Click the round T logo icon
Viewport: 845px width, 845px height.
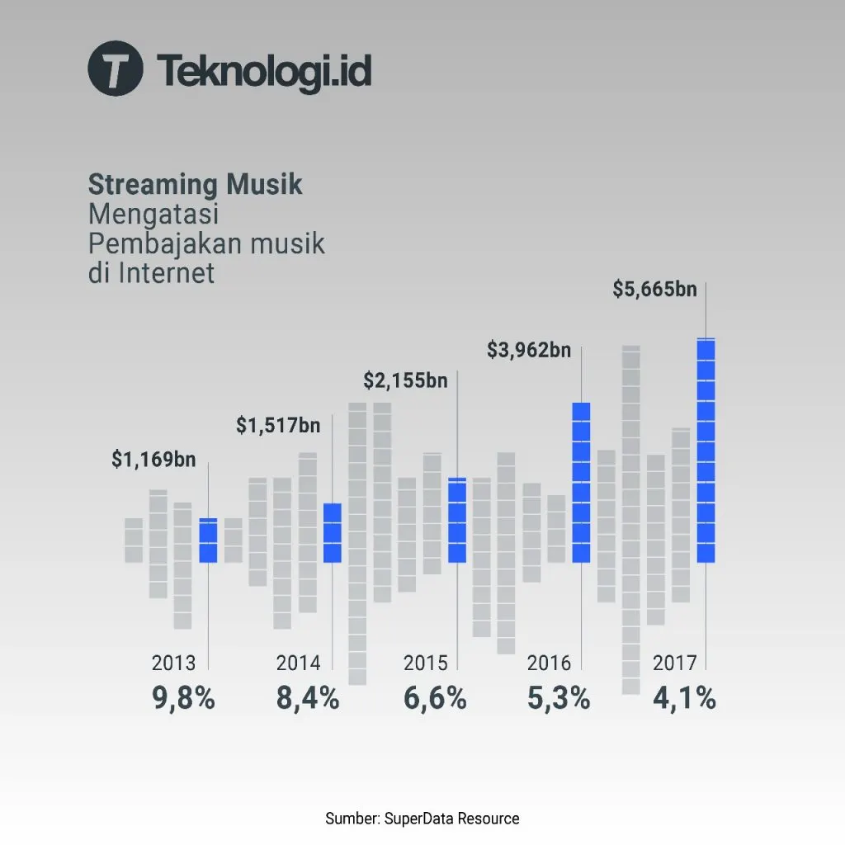(x=115, y=68)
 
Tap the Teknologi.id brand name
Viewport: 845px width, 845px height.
(x=263, y=70)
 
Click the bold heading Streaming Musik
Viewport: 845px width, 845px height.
(x=195, y=184)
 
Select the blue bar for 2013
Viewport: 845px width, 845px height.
(x=208, y=541)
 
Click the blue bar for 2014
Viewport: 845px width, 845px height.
(x=332, y=533)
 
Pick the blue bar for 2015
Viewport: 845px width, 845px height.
(x=457, y=521)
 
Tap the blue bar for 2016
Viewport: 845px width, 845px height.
(x=581, y=483)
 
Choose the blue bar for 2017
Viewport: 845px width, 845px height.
(x=706, y=451)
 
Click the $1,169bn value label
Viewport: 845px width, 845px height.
(x=153, y=460)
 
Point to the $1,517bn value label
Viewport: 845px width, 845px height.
(x=278, y=426)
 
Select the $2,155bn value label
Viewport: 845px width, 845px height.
(x=405, y=381)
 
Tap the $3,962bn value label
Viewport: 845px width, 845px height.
(x=529, y=351)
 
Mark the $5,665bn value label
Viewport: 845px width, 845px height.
(x=654, y=290)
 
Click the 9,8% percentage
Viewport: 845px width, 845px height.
(x=183, y=699)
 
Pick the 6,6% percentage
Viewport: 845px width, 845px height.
(x=435, y=699)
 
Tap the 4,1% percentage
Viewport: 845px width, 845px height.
(x=684, y=699)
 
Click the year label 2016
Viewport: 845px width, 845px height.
(x=549, y=663)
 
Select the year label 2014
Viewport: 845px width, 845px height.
(x=298, y=663)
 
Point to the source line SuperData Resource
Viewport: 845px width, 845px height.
(x=422, y=819)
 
